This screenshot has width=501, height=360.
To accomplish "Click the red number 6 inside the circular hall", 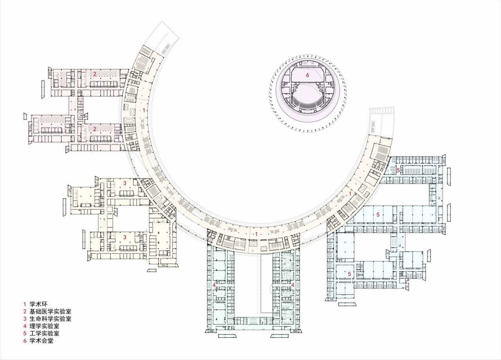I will (x=308, y=75).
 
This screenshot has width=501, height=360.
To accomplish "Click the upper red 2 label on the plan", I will (x=95, y=74).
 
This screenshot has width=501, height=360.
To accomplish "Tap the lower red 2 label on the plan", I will (x=95, y=128).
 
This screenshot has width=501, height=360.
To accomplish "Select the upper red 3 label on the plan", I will (x=125, y=183).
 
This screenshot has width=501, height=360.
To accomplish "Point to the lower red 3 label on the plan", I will (x=125, y=237).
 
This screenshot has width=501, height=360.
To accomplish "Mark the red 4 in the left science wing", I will (x=214, y=285).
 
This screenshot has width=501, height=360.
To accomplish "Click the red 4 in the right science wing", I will (x=293, y=285).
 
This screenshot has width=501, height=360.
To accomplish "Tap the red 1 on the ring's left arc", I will (x=144, y=110).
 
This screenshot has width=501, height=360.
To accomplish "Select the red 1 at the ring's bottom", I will (x=256, y=234).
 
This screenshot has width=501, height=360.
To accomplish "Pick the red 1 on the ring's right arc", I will (x=350, y=194).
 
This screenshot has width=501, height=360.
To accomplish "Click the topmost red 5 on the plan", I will (x=398, y=170).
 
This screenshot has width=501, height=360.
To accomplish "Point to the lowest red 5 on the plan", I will (x=350, y=274).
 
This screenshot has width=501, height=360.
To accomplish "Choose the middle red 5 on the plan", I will (x=378, y=215).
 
